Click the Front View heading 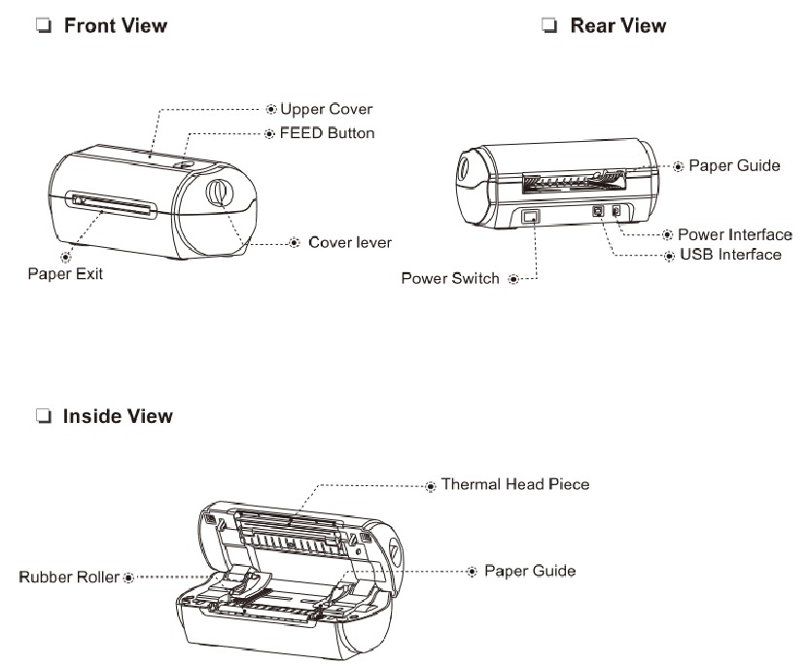click(x=115, y=26)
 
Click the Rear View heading click(x=617, y=26)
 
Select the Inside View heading click(x=118, y=416)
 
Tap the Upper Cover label click(x=326, y=109)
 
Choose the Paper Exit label click(x=64, y=274)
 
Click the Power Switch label click(x=450, y=279)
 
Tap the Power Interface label click(x=734, y=234)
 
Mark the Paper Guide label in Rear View click(x=734, y=166)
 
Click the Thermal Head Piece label click(x=514, y=483)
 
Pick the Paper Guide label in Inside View click(x=530, y=570)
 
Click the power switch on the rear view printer click(x=530, y=217)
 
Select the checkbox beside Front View click(x=43, y=26)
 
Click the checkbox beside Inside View click(x=43, y=417)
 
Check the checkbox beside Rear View click(x=549, y=27)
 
